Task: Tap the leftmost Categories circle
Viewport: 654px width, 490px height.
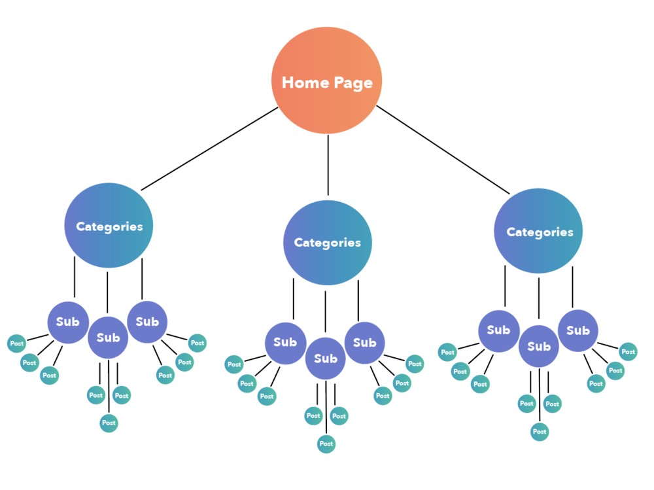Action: [109, 226]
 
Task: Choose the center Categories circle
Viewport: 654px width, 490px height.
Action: [327, 242]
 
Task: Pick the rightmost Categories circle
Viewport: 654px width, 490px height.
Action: [538, 231]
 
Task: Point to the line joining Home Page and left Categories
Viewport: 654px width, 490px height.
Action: [209, 149]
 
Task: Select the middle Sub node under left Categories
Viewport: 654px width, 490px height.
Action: [109, 338]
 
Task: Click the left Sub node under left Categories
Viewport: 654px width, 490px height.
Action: [68, 321]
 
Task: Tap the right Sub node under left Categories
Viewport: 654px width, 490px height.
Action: [147, 321]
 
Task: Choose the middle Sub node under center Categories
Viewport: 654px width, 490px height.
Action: [326, 359]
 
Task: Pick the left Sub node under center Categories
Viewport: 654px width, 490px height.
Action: [285, 342]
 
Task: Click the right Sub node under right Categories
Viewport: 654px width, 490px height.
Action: [578, 330]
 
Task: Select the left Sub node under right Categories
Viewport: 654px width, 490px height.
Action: [498, 331]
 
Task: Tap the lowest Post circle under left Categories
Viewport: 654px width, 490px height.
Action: [109, 423]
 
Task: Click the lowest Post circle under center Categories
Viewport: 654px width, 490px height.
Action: [326, 444]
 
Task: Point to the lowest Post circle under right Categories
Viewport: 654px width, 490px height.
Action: [540, 432]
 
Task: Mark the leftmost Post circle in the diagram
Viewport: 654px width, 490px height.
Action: [16, 343]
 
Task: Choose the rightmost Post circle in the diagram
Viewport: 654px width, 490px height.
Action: [628, 352]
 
